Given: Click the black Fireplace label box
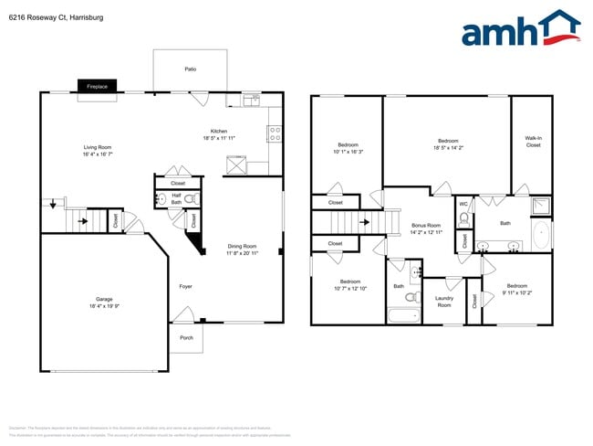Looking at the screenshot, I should pyautogui.click(x=97, y=86).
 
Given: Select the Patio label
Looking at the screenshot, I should pyautogui.click(x=190, y=69).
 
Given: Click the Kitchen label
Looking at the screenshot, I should pyautogui.click(x=219, y=134).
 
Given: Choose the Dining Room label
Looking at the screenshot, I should pyautogui.click(x=242, y=250).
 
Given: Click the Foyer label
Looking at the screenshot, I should pyautogui.click(x=185, y=287).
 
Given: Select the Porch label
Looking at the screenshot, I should pyautogui.click(x=186, y=338).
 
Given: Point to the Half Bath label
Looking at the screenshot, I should pyautogui.click(x=176, y=199).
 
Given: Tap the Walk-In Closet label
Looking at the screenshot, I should pyautogui.click(x=533, y=142).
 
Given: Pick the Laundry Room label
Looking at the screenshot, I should pyautogui.click(x=444, y=301).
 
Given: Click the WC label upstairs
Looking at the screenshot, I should pyautogui.click(x=463, y=204).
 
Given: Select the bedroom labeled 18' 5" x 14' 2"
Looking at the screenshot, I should pyautogui.click(x=446, y=143).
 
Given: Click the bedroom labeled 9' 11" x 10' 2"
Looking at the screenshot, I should pyautogui.click(x=516, y=289).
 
